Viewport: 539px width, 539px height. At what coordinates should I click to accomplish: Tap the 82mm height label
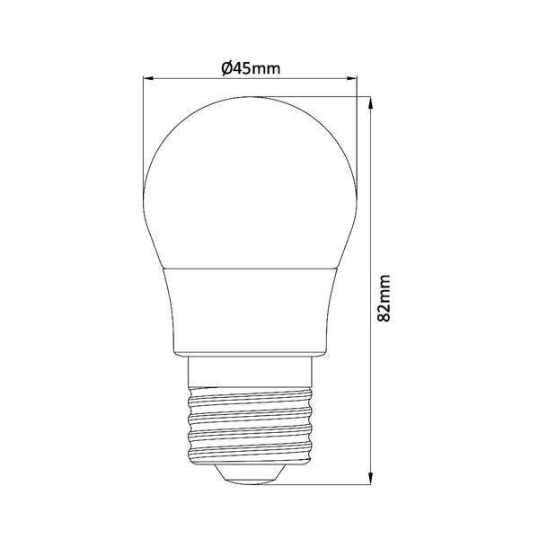[x=384, y=298]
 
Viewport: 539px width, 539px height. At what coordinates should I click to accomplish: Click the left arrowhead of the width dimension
[x=150, y=79]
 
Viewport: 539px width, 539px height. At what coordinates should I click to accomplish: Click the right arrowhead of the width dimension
[x=353, y=79]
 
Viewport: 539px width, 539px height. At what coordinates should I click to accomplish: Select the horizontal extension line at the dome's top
[x=323, y=96]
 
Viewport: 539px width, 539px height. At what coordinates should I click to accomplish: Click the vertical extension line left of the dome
[x=146, y=135]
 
